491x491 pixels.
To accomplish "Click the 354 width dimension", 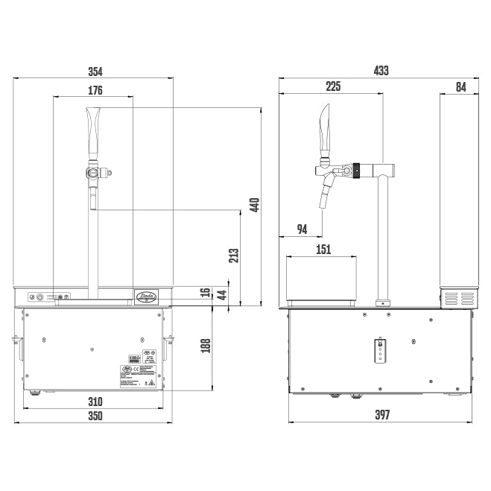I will click(95, 72).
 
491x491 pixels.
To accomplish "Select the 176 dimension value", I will click(95, 90).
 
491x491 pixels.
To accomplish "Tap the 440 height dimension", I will click(253, 205).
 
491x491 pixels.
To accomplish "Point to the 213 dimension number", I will click(233, 256).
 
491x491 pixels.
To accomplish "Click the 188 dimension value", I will click(206, 346).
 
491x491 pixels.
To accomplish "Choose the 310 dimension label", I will click(95, 402).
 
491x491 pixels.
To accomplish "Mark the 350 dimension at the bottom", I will click(95, 416).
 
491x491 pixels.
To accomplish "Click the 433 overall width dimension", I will click(381, 71).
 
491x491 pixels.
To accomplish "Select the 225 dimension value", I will click(332, 87).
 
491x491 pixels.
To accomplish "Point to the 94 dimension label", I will click(302, 229).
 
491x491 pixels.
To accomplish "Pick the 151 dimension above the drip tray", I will click(323, 250).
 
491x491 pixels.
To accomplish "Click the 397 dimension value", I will click(381, 415).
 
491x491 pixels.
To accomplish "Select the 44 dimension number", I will click(221, 294).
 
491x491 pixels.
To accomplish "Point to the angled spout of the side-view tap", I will click(326, 192).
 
